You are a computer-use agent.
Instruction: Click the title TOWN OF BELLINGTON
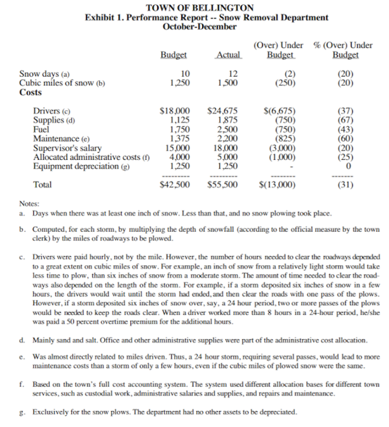coord(200,8)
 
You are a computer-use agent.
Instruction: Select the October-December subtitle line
coord(200,27)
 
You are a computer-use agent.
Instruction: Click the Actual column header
coord(228,55)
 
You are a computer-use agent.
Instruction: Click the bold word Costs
coord(31,92)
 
